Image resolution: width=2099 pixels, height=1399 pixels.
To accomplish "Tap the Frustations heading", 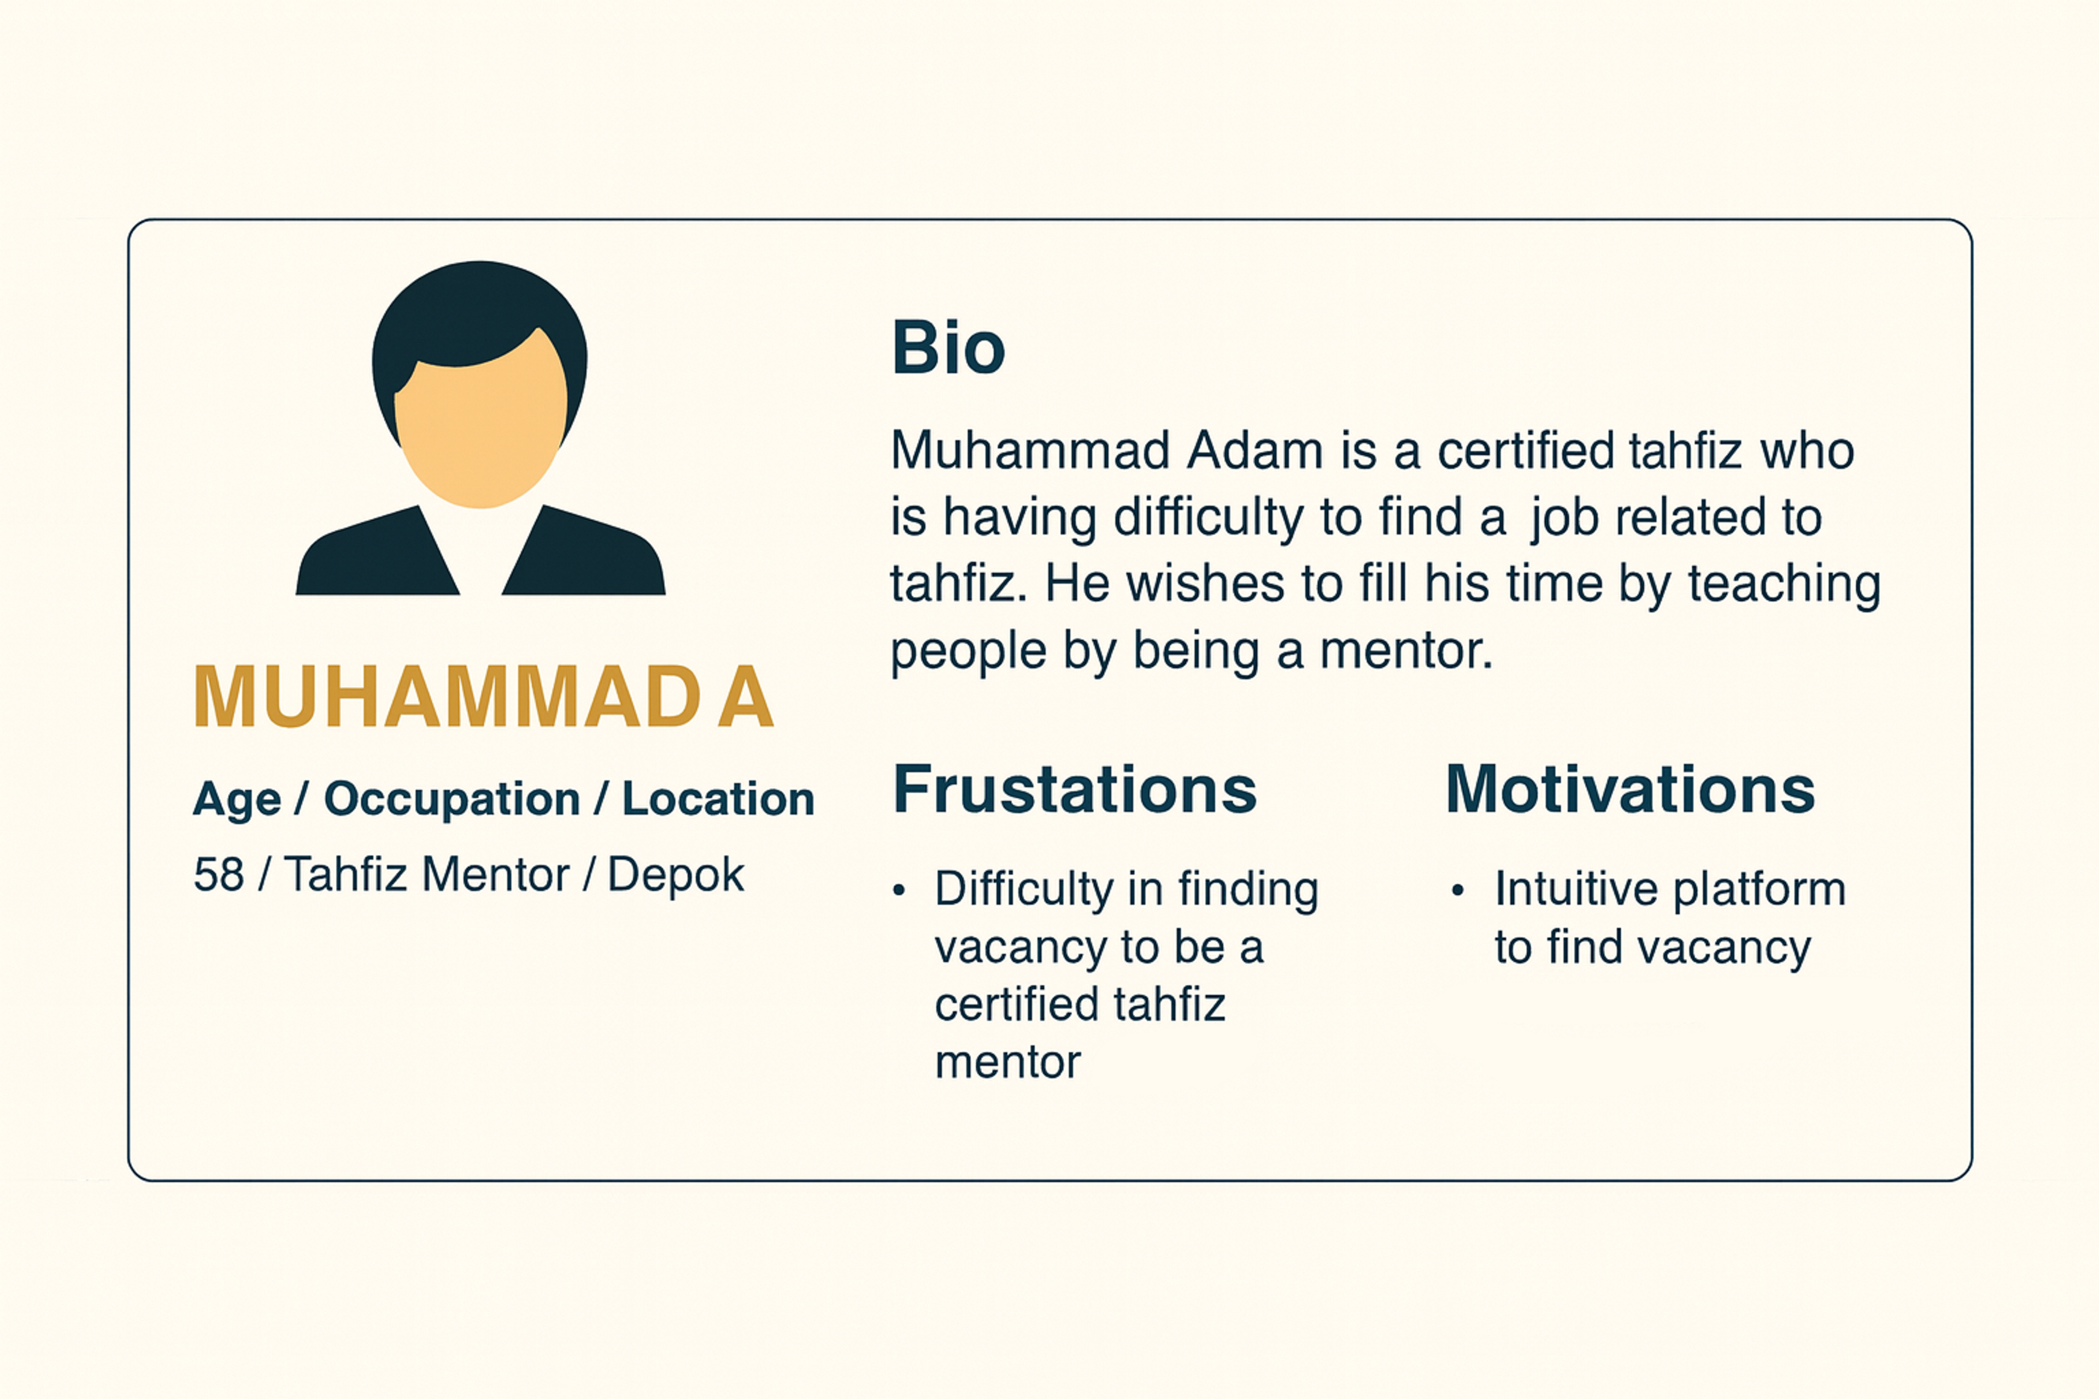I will coord(1075,790).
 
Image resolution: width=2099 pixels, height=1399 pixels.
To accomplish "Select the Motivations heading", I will coord(1629,790).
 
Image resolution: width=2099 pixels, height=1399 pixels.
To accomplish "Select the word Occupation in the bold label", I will coord(452,798).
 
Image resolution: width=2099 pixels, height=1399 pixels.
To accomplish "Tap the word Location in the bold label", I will coord(718,798).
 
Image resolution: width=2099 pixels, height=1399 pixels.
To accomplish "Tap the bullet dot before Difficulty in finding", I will coord(899,890).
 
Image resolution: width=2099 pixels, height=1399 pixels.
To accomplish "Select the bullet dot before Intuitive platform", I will coord(1457,890).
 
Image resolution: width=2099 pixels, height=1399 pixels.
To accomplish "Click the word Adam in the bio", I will coord(1254,450).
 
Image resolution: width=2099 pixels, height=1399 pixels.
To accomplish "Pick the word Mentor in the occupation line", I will coord(495,874).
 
